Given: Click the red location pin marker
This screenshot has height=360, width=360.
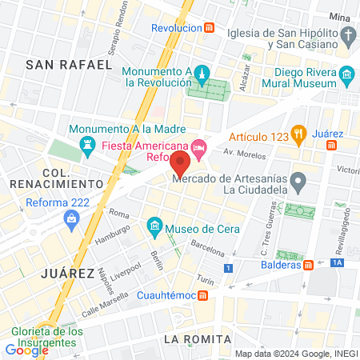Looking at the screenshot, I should click(x=180, y=166).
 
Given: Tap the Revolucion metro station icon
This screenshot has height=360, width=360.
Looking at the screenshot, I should click(x=209, y=27).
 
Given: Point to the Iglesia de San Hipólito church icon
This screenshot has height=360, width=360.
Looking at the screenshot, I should click(x=346, y=34).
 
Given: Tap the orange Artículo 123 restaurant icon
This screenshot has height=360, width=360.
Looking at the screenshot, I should click(x=299, y=134).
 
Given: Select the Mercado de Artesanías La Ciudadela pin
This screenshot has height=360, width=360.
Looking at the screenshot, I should click(x=298, y=183).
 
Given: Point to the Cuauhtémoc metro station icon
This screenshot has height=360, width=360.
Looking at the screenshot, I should click(x=204, y=296).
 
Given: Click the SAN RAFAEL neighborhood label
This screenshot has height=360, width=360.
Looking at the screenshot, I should click(x=69, y=64).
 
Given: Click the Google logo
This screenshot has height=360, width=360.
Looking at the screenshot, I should click(x=26, y=350).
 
